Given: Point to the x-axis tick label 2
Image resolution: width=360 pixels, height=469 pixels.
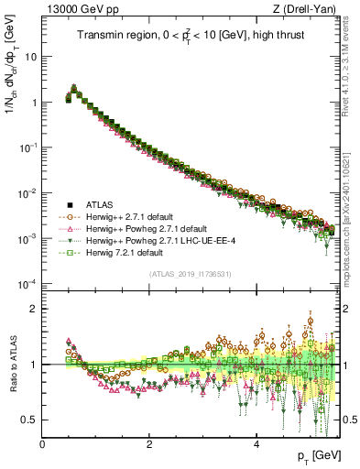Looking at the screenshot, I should click(149, 443).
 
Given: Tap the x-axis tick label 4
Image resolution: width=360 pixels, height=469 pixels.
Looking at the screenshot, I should click(256, 443).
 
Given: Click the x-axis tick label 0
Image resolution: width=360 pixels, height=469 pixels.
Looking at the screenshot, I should click(42, 443).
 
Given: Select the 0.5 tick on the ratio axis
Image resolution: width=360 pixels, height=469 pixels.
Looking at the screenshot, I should click(29, 420).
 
